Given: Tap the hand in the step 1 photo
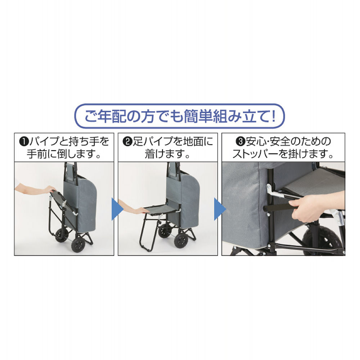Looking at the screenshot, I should [x=48, y=189].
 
